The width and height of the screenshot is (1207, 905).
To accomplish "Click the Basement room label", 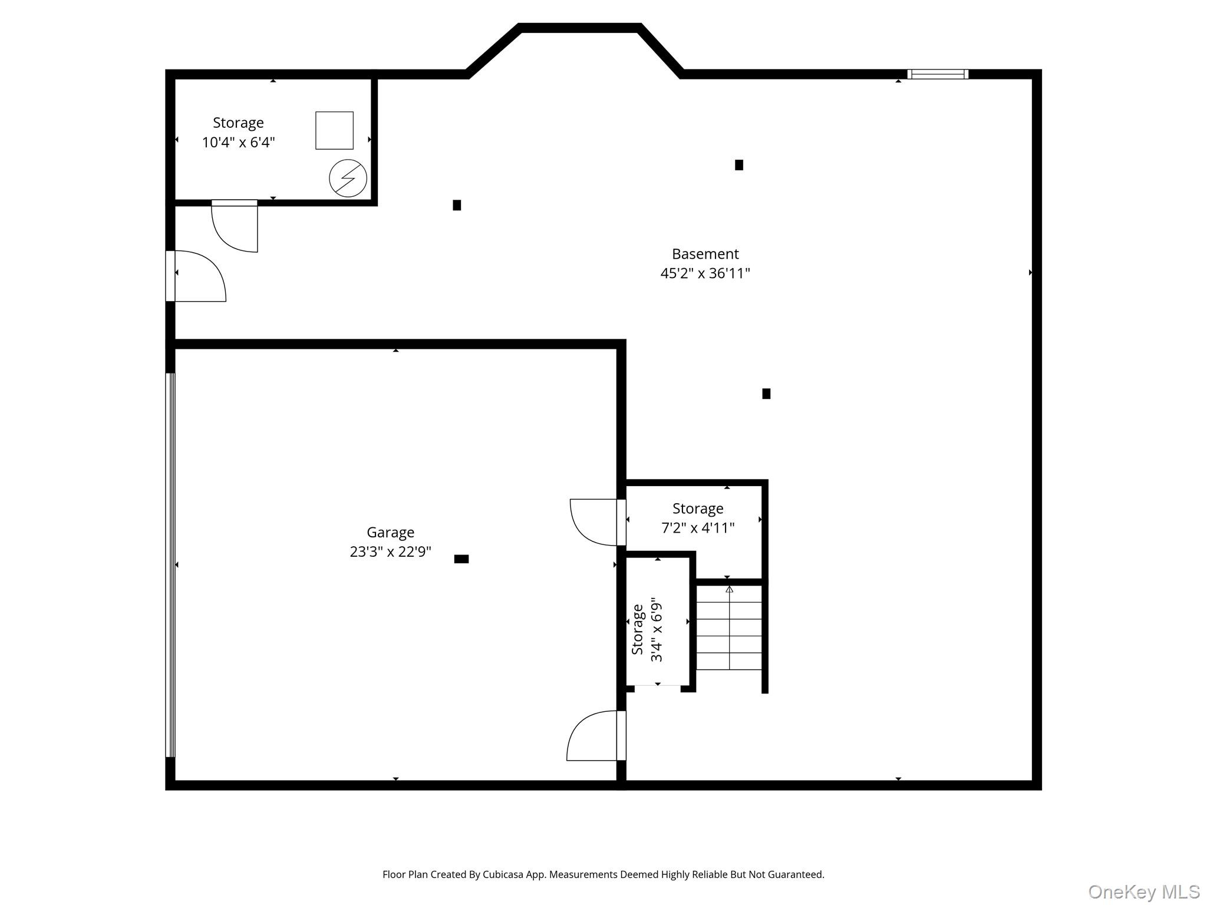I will pyautogui.click(x=705, y=254).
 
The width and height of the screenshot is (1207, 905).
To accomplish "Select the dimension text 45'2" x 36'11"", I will pyautogui.click(x=705, y=273).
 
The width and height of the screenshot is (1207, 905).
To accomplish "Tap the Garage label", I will pyautogui.click(x=390, y=533).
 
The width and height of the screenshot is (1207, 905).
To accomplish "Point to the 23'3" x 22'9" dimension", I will pyautogui.click(x=390, y=552).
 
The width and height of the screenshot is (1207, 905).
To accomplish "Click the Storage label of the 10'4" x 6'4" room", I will pyautogui.click(x=238, y=123).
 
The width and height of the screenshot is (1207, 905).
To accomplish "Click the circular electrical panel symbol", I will pyautogui.click(x=348, y=178).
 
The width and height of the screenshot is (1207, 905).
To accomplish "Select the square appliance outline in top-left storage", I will pyautogui.click(x=334, y=130).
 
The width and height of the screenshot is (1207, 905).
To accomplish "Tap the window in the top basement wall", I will pyautogui.click(x=937, y=74).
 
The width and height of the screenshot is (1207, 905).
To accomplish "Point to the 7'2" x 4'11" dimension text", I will pyautogui.click(x=698, y=528).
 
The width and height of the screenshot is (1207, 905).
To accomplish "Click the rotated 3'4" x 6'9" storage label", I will pyautogui.click(x=647, y=629).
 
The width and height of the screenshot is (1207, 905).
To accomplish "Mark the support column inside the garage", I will pyautogui.click(x=461, y=559).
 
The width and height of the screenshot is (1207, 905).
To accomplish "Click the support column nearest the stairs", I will pyautogui.click(x=766, y=394).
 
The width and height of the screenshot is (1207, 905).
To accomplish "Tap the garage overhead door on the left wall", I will pyautogui.click(x=170, y=564).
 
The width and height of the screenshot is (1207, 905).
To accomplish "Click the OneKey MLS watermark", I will pyautogui.click(x=1143, y=892).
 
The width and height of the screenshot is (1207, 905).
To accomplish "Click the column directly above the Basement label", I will pyautogui.click(x=739, y=165).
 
